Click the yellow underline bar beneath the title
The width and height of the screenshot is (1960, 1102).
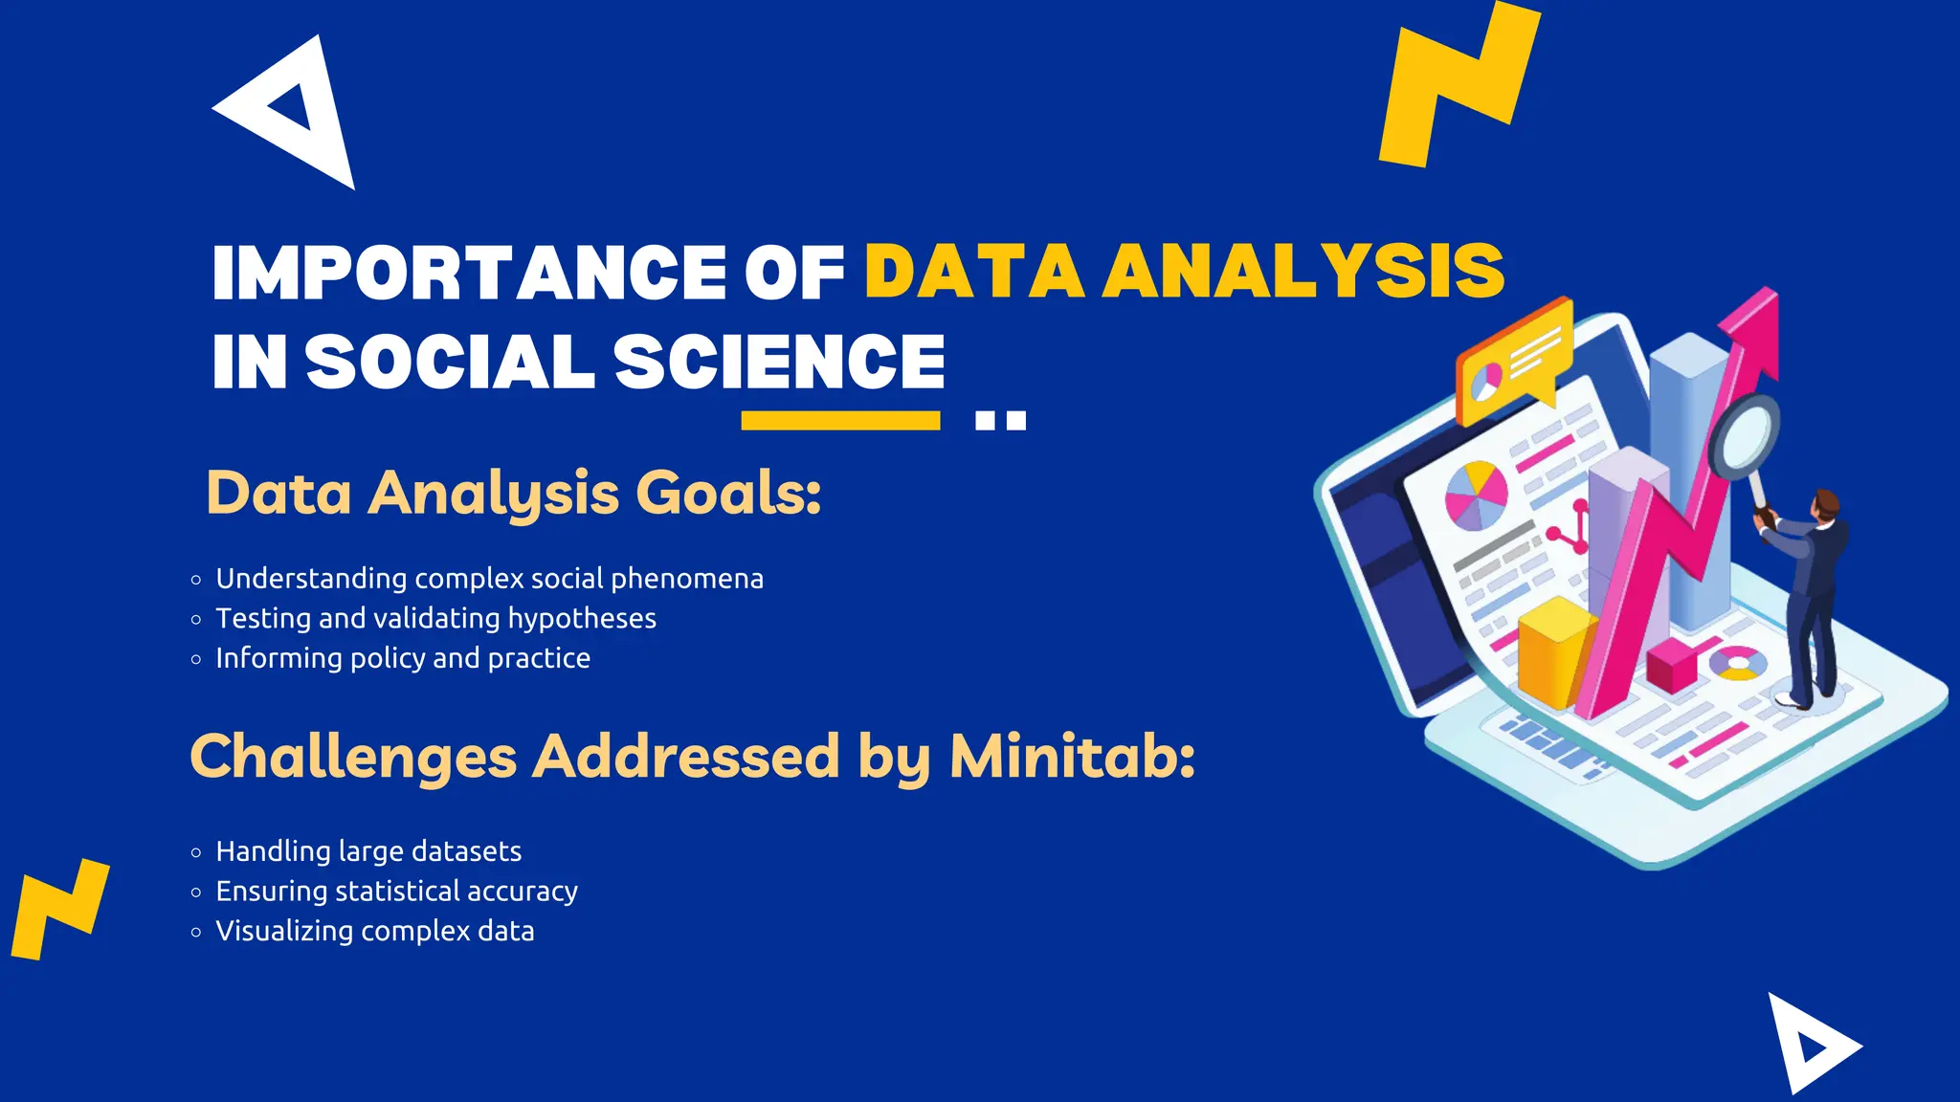[840, 421]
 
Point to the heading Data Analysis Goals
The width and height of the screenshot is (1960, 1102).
[514, 494]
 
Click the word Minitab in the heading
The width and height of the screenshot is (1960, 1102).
[1072, 757]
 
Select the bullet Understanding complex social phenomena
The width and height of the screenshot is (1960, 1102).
[489, 579]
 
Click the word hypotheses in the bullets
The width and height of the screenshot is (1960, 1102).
[582, 619]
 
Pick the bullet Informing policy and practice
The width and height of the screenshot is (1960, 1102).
[403, 658]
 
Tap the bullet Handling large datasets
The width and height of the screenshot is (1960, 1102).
[368, 851]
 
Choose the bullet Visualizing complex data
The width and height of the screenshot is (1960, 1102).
[375, 932]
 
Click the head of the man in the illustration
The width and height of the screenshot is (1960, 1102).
[1826, 504]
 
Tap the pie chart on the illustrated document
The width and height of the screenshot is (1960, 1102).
[1476, 495]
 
